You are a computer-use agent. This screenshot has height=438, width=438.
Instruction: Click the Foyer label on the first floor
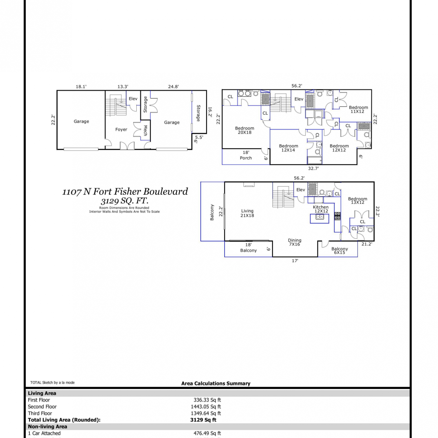click(x=121, y=129)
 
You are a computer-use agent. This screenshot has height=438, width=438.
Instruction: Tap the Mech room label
click(x=145, y=131)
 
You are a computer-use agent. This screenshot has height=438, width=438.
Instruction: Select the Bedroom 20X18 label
click(x=245, y=130)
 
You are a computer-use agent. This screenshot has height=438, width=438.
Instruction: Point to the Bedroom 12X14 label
click(x=288, y=148)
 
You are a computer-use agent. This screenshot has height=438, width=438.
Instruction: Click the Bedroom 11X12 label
click(x=358, y=109)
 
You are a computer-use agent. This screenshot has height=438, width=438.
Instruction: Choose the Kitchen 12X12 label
click(x=321, y=209)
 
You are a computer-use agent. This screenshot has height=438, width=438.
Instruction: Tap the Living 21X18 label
click(x=247, y=213)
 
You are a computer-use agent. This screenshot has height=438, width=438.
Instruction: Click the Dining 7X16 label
click(x=295, y=242)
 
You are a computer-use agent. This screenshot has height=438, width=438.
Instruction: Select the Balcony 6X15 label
click(x=340, y=251)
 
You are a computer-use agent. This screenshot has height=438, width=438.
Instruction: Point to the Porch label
click(x=246, y=158)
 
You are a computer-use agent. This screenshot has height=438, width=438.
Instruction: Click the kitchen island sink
click(x=320, y=217)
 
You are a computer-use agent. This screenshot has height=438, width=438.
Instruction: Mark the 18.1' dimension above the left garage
click(x=81, y=86)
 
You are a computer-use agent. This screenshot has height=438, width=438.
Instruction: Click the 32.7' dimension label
click(x=313, y=168)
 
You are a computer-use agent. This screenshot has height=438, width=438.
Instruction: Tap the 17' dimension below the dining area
click(x=295, y=260)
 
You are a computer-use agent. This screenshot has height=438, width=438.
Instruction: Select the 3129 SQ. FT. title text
click(x=125, y=201)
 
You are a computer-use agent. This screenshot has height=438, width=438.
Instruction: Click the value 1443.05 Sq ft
click(x=206, y=407)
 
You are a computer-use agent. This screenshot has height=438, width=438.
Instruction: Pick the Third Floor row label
click(x=40, y=413)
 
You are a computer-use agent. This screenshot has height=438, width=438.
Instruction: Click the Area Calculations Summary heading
click(x=216, y=383)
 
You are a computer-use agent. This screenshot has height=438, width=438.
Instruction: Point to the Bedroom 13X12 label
click(x=358, y=200)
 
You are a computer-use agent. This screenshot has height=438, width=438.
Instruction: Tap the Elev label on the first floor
click(x=133, y=99)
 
